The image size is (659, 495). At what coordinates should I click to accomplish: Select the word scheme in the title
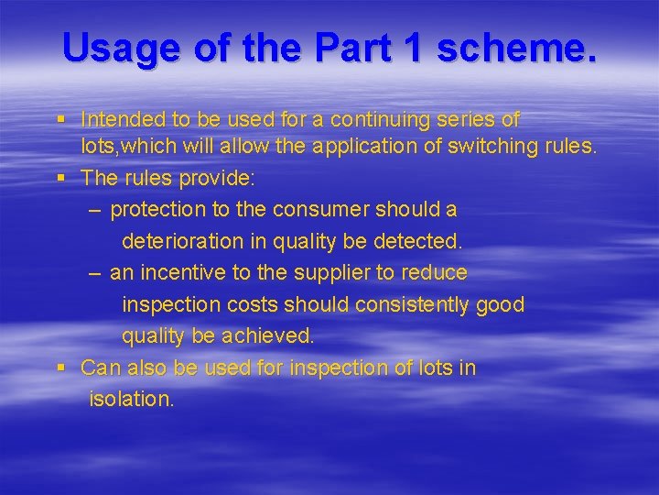click(x=517, y=48)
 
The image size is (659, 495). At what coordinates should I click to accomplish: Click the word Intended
click(x=120, y=120)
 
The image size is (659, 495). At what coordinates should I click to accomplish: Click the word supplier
click(x=337, y=273)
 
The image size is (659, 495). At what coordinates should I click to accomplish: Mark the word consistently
click(x=414, y=304)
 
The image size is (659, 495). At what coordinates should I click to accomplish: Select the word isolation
click(x=130, y=400)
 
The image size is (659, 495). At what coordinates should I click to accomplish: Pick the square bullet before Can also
click(x=60, y=368)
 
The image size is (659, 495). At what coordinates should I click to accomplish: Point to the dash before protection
click(x=96, y=210)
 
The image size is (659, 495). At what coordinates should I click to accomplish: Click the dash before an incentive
click(x=96, y=273)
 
